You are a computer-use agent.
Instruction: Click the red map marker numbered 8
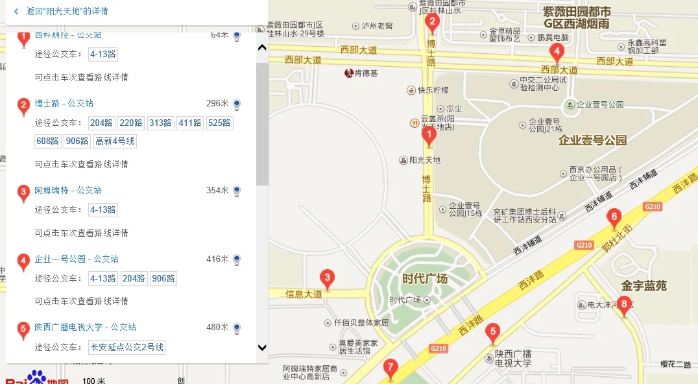pos(624,305)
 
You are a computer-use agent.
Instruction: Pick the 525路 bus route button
pos(220,123)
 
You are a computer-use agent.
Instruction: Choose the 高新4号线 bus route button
pos(115,141)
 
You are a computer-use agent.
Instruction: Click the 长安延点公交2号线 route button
pos(127,347)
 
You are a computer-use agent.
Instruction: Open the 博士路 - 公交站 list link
pos(64,103)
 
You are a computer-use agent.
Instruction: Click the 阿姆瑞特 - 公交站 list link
pos(68,190)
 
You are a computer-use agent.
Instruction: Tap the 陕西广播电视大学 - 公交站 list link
pos(86,327)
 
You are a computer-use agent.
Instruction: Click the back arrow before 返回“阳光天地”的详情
pos(16,12)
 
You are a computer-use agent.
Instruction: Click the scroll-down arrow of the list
pos(262,348)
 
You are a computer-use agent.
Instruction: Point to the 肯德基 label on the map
pos(365,73)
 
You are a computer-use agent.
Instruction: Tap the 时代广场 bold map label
pos(425,279)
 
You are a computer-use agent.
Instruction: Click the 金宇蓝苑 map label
pos(644,285)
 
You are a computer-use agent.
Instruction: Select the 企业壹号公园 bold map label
pos(592,140)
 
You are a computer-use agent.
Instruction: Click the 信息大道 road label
pos(304,294)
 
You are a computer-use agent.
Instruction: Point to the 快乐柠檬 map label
pos(433,90)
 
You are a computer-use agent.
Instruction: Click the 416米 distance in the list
pos(217,259)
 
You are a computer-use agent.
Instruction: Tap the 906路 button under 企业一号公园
pos(163,279)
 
